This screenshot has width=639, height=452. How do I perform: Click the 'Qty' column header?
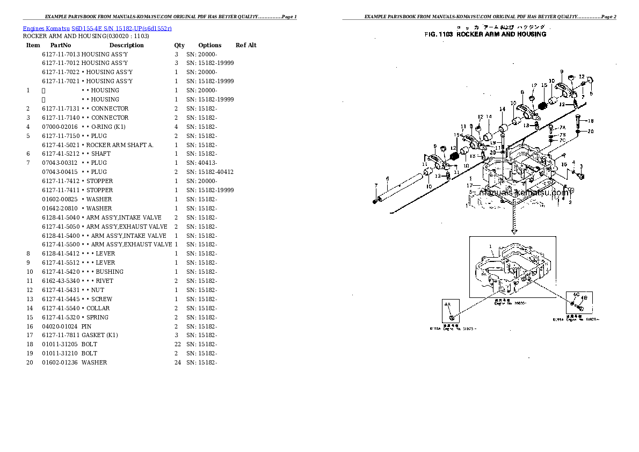click(x=179, y=46)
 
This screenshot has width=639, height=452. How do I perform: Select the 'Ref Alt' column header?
click(x=246, y=46)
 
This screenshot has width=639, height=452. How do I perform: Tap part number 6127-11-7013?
click(x=61, y=55)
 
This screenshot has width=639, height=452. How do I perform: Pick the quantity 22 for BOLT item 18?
click(x=177, y=344)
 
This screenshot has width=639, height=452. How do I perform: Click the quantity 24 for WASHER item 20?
click(x=177, y=362)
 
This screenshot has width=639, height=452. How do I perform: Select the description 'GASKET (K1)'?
click(x=100, y=336)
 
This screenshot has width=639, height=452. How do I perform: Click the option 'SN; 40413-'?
click(x=201, y=163)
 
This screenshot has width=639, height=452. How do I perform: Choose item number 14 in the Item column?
click(x=30, y=308)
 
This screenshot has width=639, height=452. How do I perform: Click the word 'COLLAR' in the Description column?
click(x=98, y=308)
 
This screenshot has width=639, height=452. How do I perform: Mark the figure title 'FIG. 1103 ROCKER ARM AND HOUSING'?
click(x=485, y=34)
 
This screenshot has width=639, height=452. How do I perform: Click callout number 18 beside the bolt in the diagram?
click(x=591, y=121)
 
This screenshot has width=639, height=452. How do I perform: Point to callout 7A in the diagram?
click(x=562, y=128)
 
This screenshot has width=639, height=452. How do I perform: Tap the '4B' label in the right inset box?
click(x=584, y=298)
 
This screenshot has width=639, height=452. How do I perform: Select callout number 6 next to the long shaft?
click(x=387, y=179)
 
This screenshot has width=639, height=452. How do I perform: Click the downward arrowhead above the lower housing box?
click(x=514, y=232)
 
